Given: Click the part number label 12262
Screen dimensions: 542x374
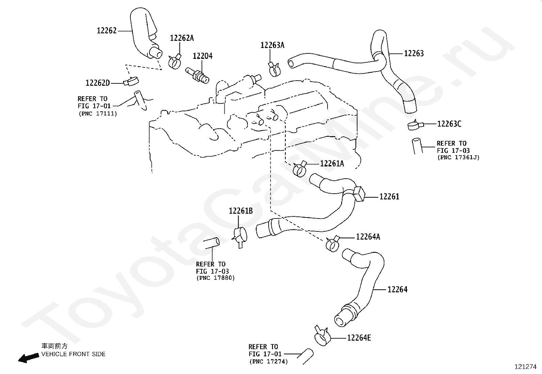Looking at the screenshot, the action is [107, 31].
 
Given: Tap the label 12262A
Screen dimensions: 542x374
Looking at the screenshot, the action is [182, 38].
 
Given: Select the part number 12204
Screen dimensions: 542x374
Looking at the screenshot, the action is [203, 56].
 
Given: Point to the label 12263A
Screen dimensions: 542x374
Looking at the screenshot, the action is [272, 45].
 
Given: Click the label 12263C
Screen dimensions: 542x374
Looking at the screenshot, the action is [449, 124].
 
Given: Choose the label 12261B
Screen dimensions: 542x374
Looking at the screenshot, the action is [241, 211].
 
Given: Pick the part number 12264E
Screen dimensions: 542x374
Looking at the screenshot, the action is [359, 338].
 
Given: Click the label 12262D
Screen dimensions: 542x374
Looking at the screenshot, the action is [98, 83].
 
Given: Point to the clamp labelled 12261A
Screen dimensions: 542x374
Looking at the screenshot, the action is [300, 168].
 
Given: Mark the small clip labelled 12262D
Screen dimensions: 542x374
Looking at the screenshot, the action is [131, 81].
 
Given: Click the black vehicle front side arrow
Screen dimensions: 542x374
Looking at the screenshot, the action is [29, 358].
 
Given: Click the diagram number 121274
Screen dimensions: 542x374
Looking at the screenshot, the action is [526, 367].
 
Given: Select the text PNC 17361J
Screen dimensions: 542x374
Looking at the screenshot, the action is [459, 158].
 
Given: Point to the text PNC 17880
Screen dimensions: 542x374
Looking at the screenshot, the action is [216, 278].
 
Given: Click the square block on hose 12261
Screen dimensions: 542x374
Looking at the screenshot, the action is [359, 194].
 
